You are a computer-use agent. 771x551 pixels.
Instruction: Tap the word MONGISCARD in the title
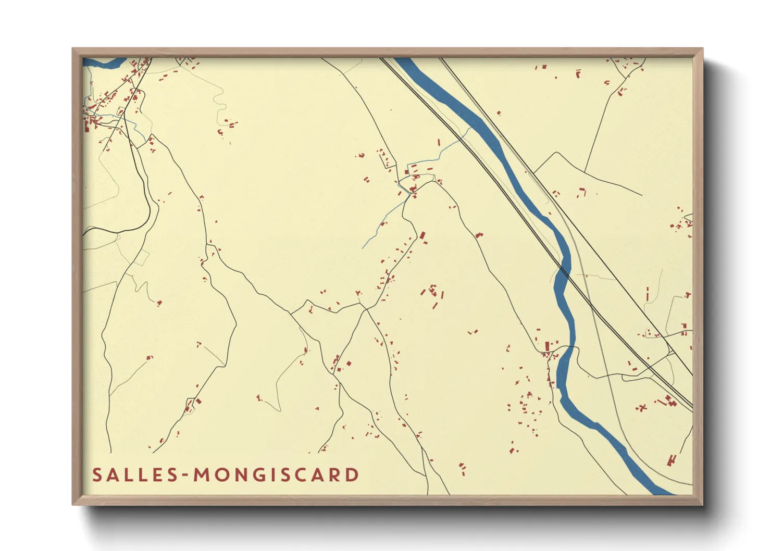click(x=277, y=475)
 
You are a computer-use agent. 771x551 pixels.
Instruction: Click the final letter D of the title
click(x=353, y=475)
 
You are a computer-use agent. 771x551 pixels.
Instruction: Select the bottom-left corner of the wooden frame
click(x=73, y=504)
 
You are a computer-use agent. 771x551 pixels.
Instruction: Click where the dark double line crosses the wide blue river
click(x=563, y=270)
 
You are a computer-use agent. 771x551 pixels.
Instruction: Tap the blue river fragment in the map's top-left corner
click(x=104, y=64)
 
